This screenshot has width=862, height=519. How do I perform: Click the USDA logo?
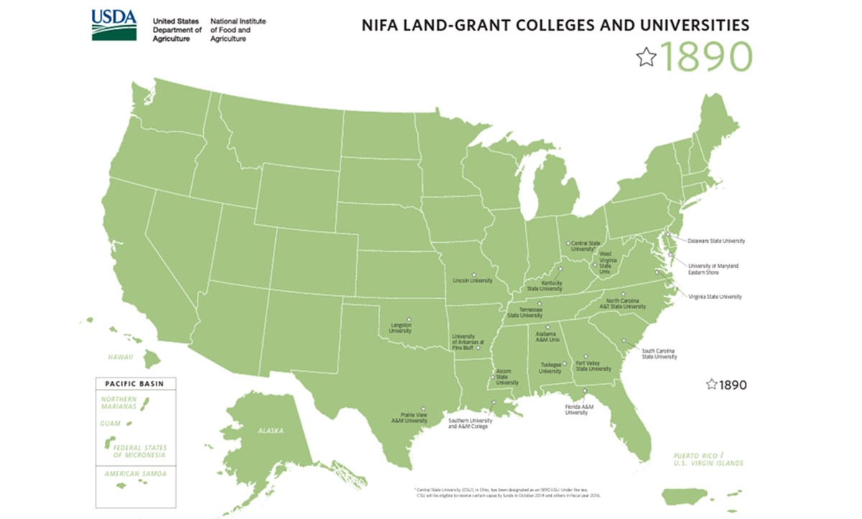(x=114, y=24)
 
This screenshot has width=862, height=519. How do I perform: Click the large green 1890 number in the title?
(x=707, y=57)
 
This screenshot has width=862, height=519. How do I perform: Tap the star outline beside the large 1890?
(x=646, y=57)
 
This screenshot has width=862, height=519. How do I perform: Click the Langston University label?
(x=400, y=328)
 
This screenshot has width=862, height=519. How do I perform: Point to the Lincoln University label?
(x=472, y=280)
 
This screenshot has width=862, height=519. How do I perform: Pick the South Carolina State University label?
(x=659, y=354)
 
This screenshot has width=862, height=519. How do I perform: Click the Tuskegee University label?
(x=550, y=368)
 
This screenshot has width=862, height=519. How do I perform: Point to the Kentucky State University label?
(x=544, y=286)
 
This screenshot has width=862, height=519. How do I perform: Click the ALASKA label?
(x=272, y=431)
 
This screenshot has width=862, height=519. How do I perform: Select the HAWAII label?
(x=121, y=356)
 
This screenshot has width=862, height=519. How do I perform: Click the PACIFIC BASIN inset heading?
(x=134, y=384)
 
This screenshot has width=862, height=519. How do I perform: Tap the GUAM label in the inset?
(x=110, y=423)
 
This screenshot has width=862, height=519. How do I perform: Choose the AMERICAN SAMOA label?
(x=135, y=474)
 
